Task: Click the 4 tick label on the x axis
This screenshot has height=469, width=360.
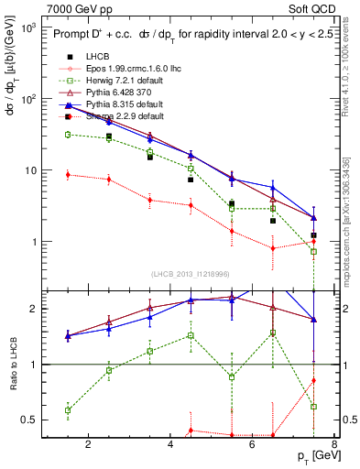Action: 171,445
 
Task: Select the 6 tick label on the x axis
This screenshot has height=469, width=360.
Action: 254,445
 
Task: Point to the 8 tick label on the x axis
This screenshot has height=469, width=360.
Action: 335,445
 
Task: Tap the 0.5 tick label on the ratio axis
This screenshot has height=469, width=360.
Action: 27,420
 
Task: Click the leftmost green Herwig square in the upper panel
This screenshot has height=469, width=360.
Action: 68,135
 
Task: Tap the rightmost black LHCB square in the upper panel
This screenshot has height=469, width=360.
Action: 313,235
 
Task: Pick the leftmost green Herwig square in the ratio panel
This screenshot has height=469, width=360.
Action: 68,410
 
